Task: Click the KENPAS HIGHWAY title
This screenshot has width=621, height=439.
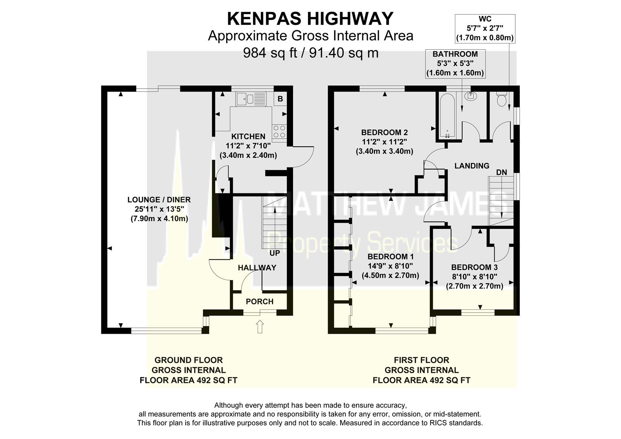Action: [x=310, y=19]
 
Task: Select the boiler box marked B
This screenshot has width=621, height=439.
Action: [x=280, y=99]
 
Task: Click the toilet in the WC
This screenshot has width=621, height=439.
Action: [x=501, y=99]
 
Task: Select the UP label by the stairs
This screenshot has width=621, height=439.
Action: [x=275, y=253]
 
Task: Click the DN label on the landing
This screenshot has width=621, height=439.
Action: [x=501, y=172]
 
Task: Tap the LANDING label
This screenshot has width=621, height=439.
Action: [x=472, y=166]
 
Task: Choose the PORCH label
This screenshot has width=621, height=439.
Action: [x=260, y=302]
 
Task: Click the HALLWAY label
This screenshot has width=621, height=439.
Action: [x=257, y=268]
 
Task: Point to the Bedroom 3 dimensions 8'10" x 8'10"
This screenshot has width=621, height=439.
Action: [x=474, y=277]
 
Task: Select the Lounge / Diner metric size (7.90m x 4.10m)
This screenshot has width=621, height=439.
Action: [x=159, y=219]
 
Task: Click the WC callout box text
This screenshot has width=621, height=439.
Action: [x=485, y=28]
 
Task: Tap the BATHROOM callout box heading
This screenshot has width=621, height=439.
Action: [x=455, y=54]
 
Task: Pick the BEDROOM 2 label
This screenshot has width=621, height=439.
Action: [x=384, y=133]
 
